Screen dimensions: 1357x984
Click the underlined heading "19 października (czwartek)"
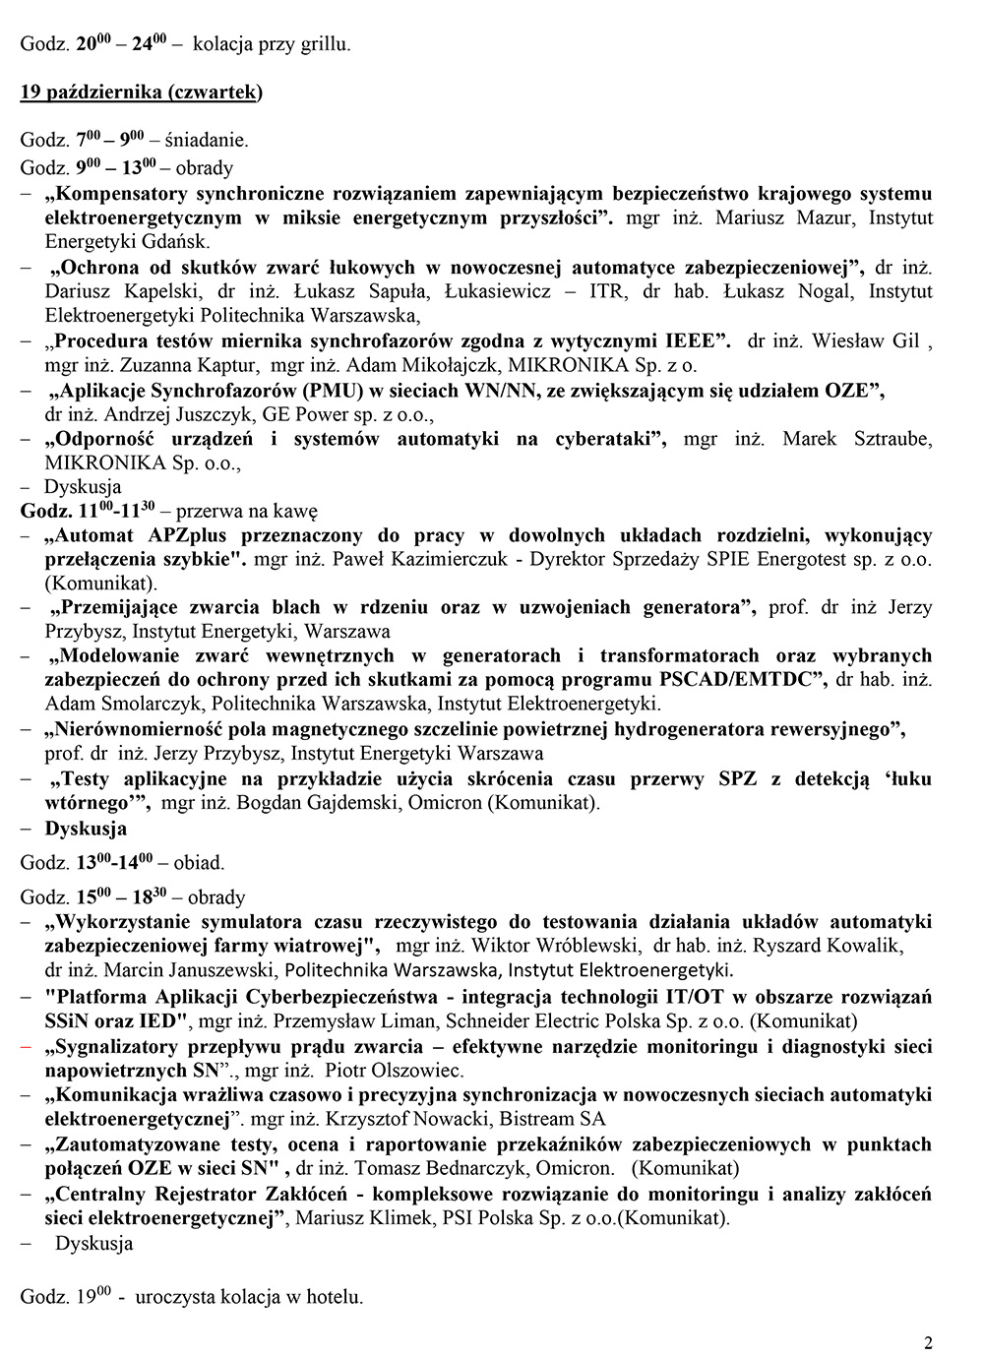[142, 93]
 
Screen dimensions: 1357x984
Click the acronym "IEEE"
[693, 341]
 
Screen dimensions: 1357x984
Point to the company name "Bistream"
[540, 1119]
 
